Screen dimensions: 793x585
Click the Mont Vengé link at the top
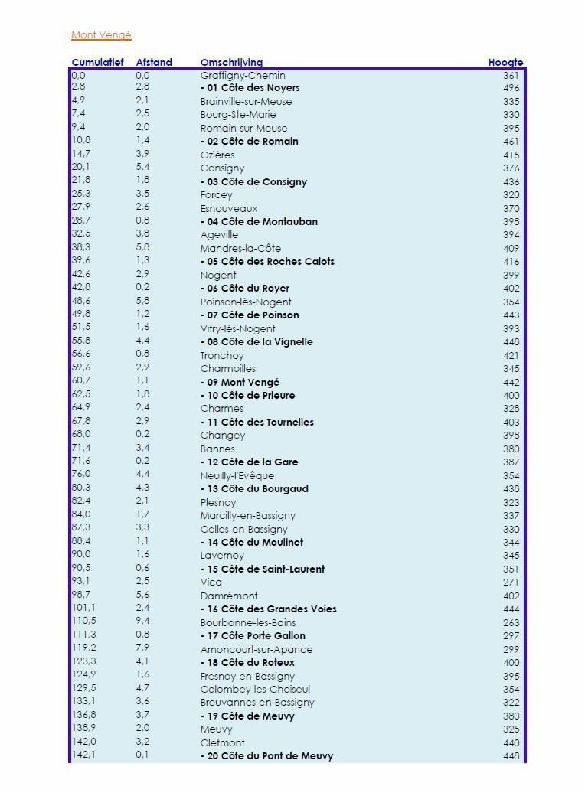pyautogui.click(x=101, y=35)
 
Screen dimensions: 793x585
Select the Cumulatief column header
pyautogui.click(x=97, y=63)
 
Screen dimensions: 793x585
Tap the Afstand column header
pyautogui.click(x=154, y=63)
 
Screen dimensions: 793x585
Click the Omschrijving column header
pyautogui.click(x=231, y=63)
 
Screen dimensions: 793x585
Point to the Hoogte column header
pyautogui.click(x=505, y=63)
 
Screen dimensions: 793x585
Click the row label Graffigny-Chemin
pyautogui.click(x=243, y=76)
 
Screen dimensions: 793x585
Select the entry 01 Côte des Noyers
pyautogui.click(x=250, y=88)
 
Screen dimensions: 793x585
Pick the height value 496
pyautogui.click(x=511, y=88)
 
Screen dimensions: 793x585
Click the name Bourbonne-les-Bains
pyautogui.click(x=248, y=622)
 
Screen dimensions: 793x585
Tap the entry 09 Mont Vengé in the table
pyautogui.click(x=240, y=382)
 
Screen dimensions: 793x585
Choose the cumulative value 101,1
pyautogui.click(x=83, y=609)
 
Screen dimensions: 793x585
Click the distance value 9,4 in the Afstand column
pyautogui.click(x=142, y=622)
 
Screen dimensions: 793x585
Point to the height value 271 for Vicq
pyautogui.click(x=511, y=583)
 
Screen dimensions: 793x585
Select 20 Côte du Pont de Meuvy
pyautogui.click(x=267, y=756)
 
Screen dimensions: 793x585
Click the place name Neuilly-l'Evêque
pyautogui.click(x=237, y=475)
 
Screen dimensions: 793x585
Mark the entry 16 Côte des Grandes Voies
pyautogui.click(x=269, y=609)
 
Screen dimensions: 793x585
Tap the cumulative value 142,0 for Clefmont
pyautogui.click(x=83, y=742)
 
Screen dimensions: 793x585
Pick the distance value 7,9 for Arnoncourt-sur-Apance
pyautogui.click(x=142, y=648)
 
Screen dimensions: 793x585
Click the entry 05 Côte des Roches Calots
pyautogui.click(x=268, y=262)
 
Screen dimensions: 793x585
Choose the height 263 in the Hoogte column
pyautogui.click(x=511, y=622)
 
